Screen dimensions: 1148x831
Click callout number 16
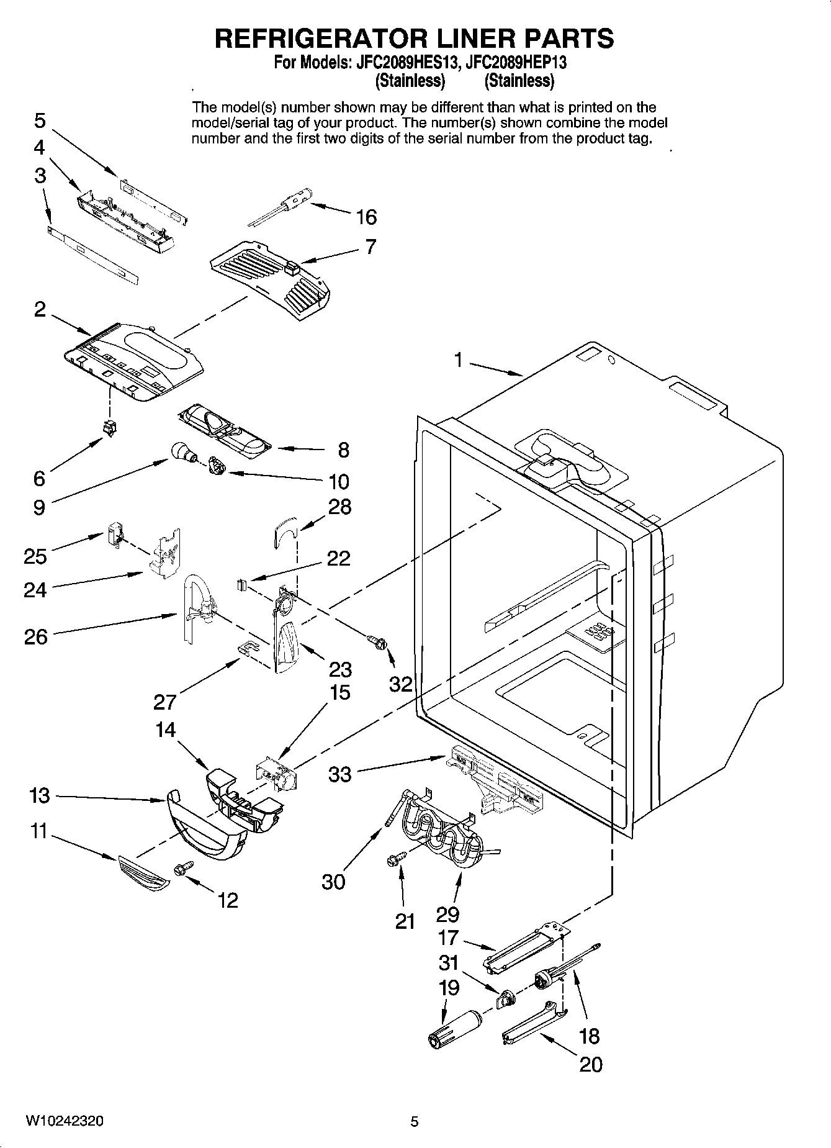click(366, 217)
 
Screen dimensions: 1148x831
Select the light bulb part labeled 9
click(181, 451)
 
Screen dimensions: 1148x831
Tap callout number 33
click(339, 774)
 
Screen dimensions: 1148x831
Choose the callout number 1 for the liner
click(458, 359)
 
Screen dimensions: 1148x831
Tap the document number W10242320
click(65, 1121)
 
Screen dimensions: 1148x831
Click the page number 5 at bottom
click(414, 1121)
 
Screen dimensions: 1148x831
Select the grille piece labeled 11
click(142, 872)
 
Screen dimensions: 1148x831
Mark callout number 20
click(590, 1064)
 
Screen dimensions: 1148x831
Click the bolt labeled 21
click(394, 859)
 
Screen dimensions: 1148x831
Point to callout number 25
click(35, 556)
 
